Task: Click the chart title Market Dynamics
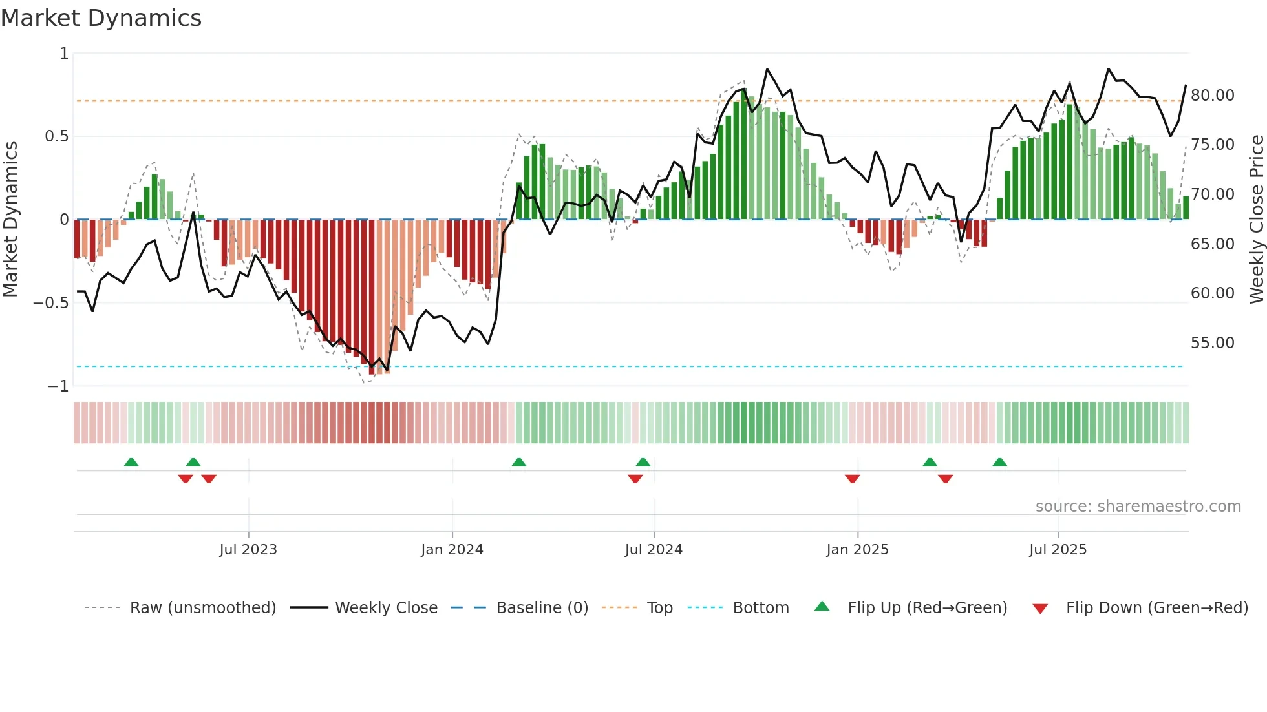pos(101,18)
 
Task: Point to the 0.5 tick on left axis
pos(56,136)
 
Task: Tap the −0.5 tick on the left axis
pos(51,302)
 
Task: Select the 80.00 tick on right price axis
pos(1212,96)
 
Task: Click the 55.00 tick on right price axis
pos(1212,343)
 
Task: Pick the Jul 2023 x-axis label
pos(248,550)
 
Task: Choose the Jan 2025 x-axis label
pos(857,550)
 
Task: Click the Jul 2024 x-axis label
pos(654,550)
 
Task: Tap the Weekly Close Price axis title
pos(1256,220)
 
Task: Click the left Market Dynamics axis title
pos(10,220)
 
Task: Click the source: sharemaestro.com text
pos(1138,507)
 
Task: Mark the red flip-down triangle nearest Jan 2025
pos(852,479)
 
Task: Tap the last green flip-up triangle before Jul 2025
pos(999,462)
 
